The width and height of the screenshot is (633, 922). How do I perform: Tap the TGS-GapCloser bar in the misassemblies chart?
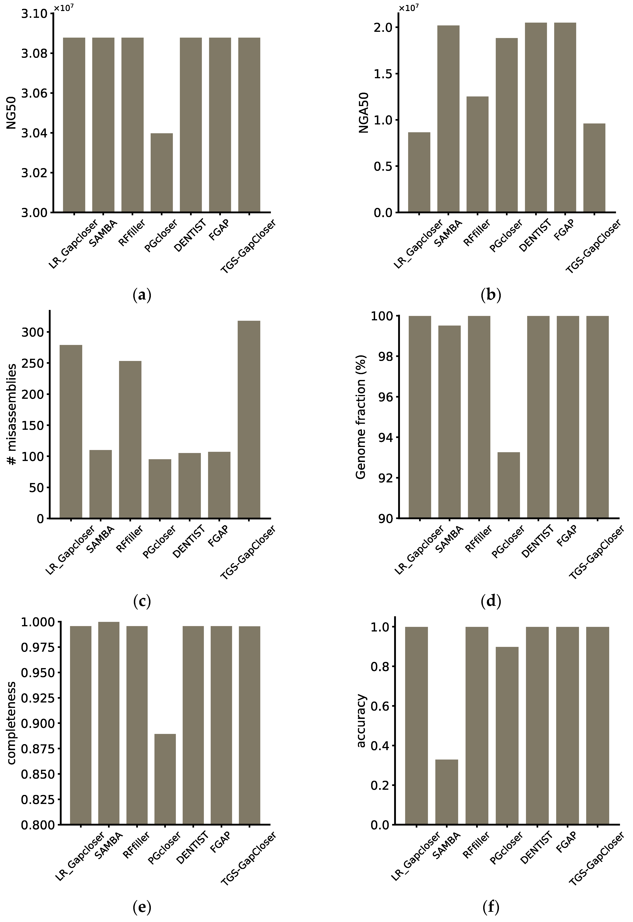(249, 419)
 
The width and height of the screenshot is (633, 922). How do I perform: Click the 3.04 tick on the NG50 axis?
(34, 133)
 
